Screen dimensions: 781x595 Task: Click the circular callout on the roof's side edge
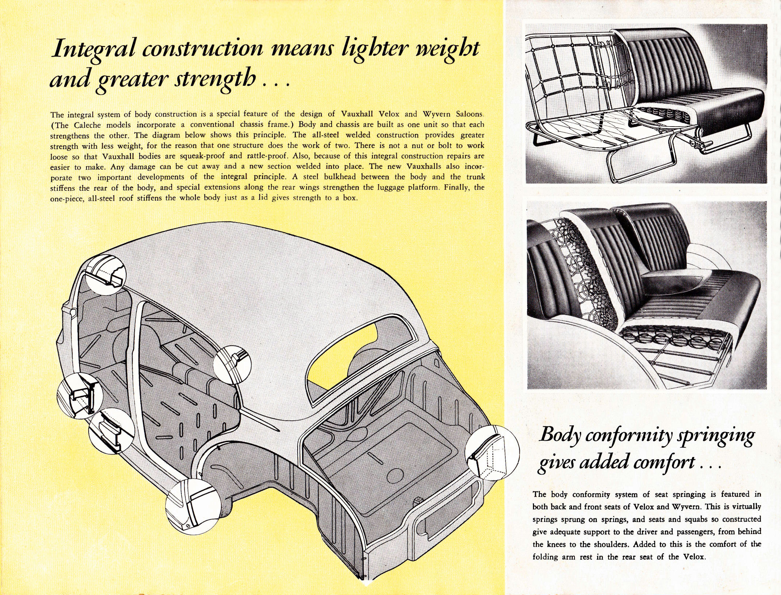tap(232, 364)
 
